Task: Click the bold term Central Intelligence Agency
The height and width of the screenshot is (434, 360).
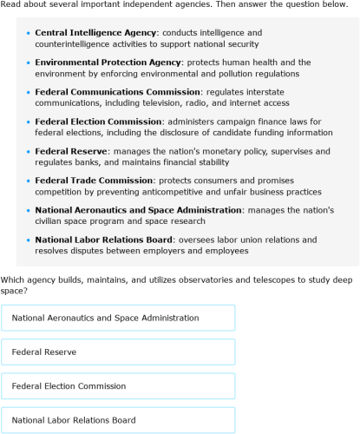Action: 95,32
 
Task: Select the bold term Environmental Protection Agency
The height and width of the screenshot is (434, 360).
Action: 108,62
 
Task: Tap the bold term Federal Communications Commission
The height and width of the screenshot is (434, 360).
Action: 117,91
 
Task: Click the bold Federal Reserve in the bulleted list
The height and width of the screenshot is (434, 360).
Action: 70,151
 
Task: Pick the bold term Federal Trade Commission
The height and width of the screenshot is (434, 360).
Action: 94,181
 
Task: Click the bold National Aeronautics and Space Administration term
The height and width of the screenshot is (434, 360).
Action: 138,210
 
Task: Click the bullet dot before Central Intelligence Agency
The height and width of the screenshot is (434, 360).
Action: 29,33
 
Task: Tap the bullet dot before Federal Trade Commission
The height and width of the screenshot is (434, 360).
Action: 29,181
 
